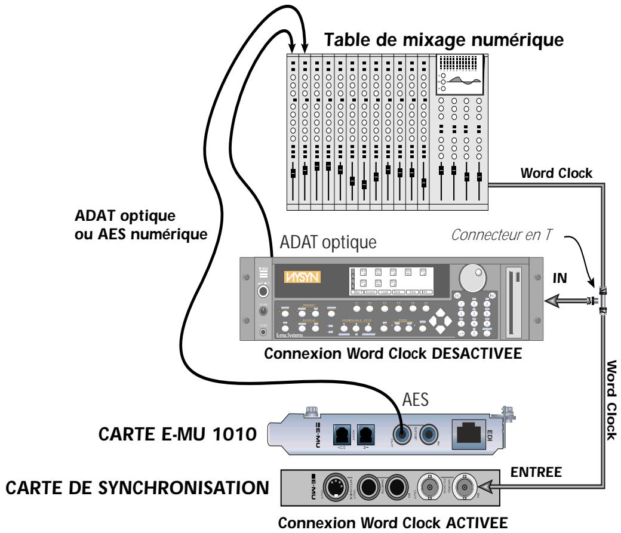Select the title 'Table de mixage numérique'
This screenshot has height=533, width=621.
(x=444, y=41)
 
